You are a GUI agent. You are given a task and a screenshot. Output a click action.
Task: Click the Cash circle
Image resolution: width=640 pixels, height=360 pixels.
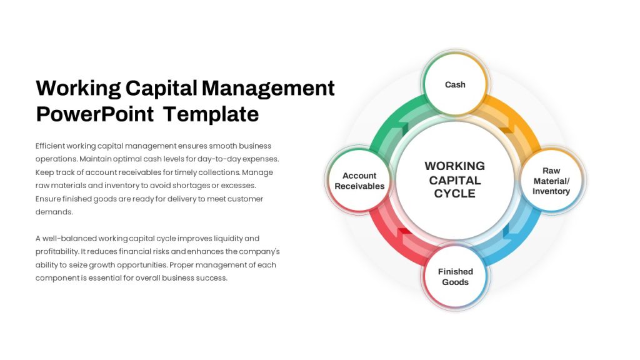(x=455, y=84)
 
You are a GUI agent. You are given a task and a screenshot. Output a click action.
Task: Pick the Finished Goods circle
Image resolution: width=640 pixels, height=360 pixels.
(x=455, y=276)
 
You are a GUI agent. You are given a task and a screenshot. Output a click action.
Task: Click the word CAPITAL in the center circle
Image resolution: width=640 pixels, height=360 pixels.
(x=455, y=180)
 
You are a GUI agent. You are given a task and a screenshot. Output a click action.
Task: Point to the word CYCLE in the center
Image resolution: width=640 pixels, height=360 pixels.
(x=455, y=194)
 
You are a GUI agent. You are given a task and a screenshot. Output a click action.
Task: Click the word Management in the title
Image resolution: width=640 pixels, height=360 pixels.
(x=268, y=89)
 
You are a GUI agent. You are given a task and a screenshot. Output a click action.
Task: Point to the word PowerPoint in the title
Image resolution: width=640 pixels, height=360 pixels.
(x=95, y=114)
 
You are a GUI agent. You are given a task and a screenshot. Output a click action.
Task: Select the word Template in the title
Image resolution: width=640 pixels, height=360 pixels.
(x=211, y=114)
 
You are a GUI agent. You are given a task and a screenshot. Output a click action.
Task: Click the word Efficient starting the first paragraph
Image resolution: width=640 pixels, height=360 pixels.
(x=50, y=146)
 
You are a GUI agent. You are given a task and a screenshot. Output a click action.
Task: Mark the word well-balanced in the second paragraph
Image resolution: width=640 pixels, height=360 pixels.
(x=69, y=238)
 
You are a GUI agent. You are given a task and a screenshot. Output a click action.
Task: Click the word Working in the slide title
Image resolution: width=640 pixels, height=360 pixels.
(x=78, y=89)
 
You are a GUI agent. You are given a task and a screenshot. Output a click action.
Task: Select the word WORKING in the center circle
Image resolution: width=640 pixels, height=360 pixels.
(x=455, y=166)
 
